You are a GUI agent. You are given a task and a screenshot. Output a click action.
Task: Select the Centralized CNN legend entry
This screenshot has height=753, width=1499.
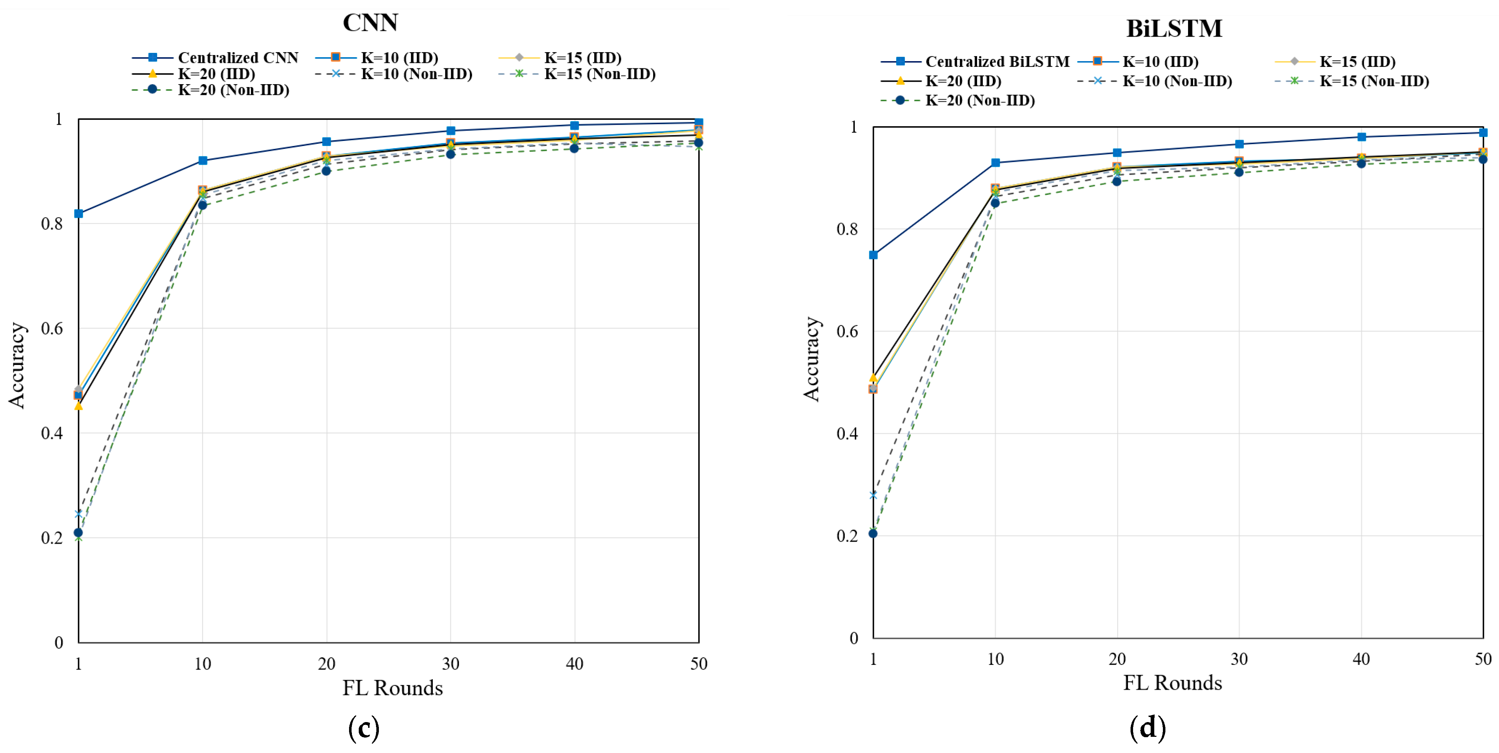click(237, 58)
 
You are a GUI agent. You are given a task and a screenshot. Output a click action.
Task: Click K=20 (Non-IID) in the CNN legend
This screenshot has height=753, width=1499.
click(233, 90)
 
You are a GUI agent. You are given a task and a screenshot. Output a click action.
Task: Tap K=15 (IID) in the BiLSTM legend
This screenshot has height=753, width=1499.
click(1357, 62)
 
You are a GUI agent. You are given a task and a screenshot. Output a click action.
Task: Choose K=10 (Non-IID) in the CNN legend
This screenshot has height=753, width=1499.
click(416, 74)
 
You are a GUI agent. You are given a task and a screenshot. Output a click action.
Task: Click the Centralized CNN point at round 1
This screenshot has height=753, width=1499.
click(79, 214)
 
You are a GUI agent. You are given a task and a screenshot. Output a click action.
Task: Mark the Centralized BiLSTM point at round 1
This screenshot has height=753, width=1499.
click(873, 255)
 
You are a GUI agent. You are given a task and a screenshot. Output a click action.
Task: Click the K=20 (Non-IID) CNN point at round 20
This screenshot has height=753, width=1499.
click(326, 171)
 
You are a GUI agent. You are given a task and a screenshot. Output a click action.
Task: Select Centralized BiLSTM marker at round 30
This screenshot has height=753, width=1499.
click(1239, 144)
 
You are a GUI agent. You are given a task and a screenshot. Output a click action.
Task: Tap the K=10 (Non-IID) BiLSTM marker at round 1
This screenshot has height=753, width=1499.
click(873, 495)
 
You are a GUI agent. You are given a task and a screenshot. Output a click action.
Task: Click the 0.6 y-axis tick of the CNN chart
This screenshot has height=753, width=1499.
click(52, 328)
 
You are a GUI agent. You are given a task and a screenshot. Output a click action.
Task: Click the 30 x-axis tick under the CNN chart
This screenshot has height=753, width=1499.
click(450, 663)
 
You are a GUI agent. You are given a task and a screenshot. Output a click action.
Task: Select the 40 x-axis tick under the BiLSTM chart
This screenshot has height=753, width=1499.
click(1361, 659)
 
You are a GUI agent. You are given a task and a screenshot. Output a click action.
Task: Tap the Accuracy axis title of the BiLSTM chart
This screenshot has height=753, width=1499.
click(811, 359)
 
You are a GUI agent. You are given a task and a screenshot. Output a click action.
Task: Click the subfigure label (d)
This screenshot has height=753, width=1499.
click(1147, 728)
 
